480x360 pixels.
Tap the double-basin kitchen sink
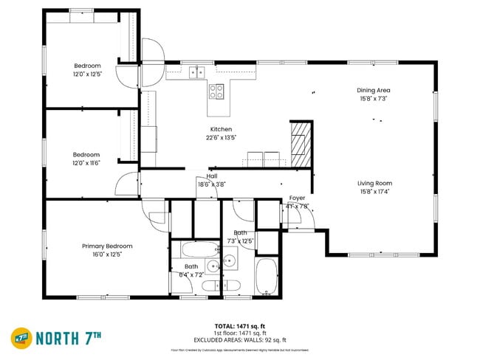point(196,72)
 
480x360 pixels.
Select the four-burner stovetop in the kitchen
point(216,91)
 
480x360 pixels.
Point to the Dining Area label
point(374,90)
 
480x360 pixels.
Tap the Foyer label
point(297,198)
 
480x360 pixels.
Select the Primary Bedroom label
point(107,246)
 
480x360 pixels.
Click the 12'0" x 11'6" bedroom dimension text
point(86,163)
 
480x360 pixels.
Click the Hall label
point(212,176)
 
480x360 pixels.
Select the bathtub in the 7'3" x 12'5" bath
point(266,276)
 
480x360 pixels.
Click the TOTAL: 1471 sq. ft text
point(240,325)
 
